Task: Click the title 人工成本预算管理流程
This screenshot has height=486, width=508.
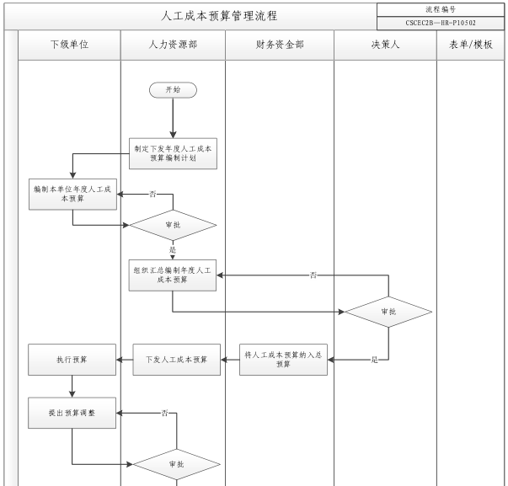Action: coord(219,16)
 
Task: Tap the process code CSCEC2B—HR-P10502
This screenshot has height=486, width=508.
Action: coord(441,23)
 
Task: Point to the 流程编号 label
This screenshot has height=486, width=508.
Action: coord(441,8)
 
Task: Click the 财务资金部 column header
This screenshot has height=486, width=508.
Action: coord(279,45)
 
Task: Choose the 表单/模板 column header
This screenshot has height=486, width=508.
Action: coord(470,45)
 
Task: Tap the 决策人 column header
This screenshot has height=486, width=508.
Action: coord(385,45)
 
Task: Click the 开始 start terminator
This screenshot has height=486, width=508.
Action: coord(173,88)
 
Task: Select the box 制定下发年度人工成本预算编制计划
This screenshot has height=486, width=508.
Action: coord(173,152)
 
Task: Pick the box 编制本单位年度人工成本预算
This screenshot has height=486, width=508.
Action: coord(72,195)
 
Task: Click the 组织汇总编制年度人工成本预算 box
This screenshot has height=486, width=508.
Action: coord(173,275)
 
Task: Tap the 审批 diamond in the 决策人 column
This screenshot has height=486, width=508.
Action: coord(388,311)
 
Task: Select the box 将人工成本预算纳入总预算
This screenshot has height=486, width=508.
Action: coord(283,359)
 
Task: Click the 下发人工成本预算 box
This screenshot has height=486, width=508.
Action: coord(177,360)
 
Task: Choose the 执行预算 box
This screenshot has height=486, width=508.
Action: coord(72,360)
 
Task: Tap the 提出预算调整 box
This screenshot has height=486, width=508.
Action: coord(72,413)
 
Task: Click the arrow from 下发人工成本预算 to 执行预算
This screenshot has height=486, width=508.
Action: coord(125,360)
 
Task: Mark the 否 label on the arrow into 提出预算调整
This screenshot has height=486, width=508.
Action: coord(165,413)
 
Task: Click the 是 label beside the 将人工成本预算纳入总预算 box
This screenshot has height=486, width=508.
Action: coord(374,360)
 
